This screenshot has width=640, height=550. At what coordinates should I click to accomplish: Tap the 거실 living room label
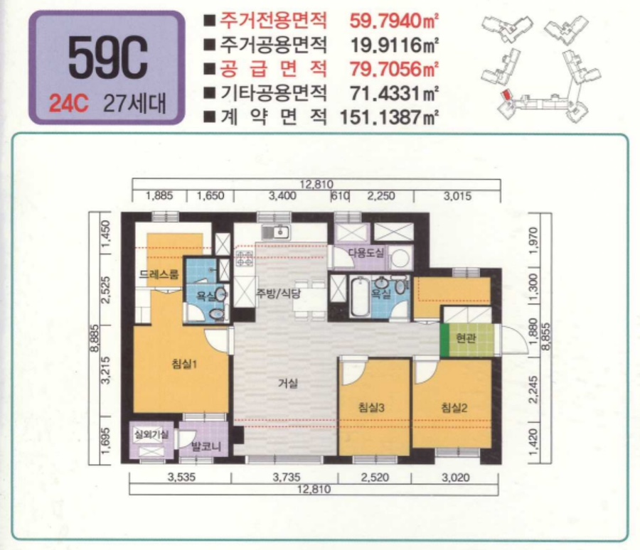[x=287, y=383]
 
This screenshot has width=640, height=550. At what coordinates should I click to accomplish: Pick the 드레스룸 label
[x=159, y=274]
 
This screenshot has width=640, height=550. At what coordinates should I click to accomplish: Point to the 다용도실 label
[x=366, y=253]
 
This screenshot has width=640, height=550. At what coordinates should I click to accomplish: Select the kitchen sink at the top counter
[x=274, y=232]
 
